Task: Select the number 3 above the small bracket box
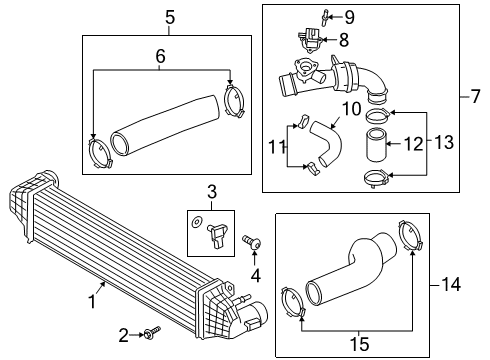(211, 190)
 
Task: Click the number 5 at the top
(169, 17)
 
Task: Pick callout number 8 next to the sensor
(343, 41)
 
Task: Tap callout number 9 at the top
(349, 17)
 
